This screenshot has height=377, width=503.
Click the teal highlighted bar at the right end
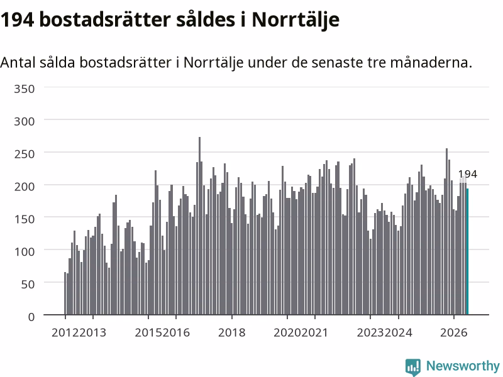(467, 251)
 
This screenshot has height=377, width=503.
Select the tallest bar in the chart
(199, 226)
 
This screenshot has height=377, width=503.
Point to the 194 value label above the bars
(467, 174)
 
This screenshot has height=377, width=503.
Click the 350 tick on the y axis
(24, 89)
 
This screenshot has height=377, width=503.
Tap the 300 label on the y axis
(24, 121)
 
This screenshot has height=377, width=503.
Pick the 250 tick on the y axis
(24, 154)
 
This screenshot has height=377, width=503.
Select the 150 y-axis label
(24, 219)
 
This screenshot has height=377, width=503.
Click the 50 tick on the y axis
(28, 284)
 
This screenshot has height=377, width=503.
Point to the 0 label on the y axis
(31, 317)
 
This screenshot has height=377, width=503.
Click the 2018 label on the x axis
(231, 332)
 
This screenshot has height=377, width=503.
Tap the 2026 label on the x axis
(453, 332)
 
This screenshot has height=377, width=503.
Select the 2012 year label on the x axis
(65, 332)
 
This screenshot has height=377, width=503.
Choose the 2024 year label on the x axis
(398, 332)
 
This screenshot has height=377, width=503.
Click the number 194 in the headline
(17, 19)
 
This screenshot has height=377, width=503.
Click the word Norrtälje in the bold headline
(296, 20)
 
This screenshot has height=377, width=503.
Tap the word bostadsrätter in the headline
(104, 19)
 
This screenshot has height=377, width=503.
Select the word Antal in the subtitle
(18, 62)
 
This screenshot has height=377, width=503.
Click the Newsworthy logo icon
(413, 367)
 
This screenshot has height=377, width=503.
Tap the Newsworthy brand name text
(463, 366)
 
